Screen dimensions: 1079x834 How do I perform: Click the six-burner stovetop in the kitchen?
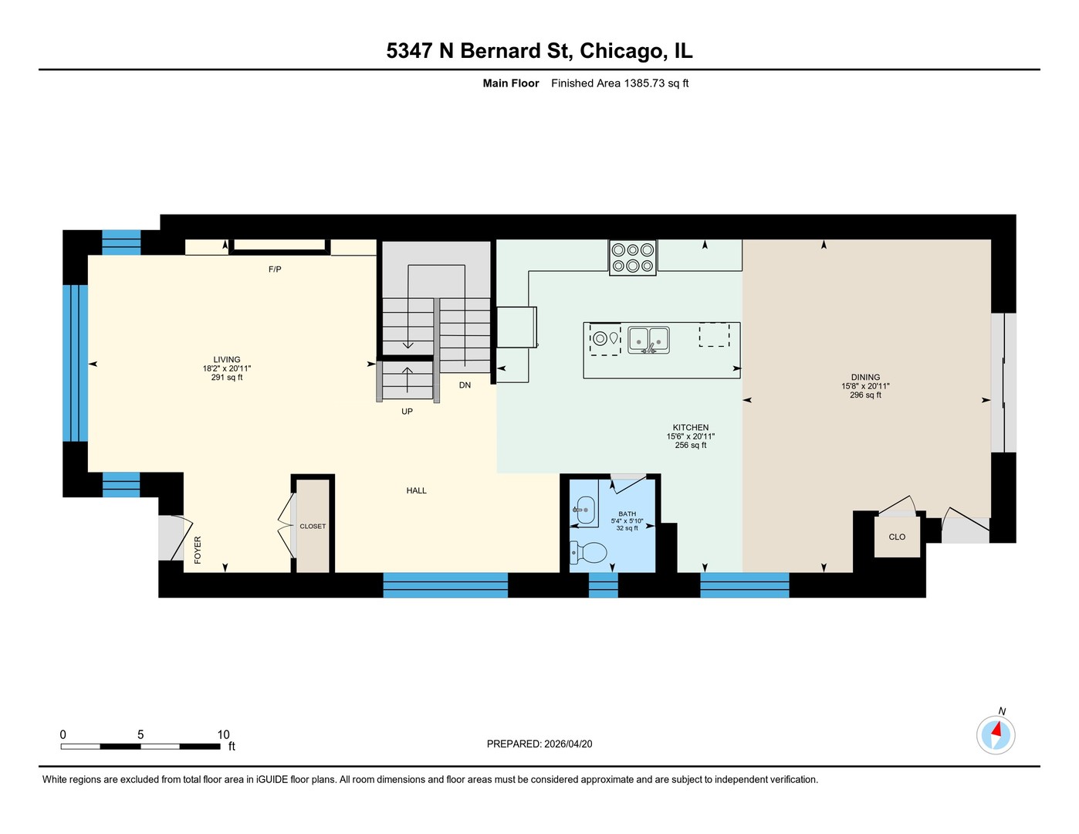point(632,257)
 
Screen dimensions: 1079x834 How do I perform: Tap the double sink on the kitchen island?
point(648,340)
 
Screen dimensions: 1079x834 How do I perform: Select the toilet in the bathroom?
point(588,552)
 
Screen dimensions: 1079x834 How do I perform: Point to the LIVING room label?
point(226,359)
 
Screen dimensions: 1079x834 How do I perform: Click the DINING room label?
point(865,377)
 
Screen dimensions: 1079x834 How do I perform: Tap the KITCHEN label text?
point(690,427)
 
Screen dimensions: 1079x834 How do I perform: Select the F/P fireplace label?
point(275,270)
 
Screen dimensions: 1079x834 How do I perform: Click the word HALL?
point(416,490)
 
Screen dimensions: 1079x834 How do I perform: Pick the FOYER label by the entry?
point(198,550)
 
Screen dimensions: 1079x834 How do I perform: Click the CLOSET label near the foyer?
point(313,526)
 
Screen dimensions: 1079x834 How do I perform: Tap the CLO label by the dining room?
point(897,537)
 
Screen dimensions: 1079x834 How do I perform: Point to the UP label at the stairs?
point(407,412)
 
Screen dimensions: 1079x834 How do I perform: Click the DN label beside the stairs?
point(465,385)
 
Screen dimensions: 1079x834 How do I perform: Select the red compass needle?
point(996,729)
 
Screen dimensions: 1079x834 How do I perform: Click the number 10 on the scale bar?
point(224,734)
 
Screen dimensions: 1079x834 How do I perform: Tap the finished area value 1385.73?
point(644,83)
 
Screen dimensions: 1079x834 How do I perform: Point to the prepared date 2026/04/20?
point(568,744)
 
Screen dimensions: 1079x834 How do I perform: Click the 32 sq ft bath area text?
point(627,528)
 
